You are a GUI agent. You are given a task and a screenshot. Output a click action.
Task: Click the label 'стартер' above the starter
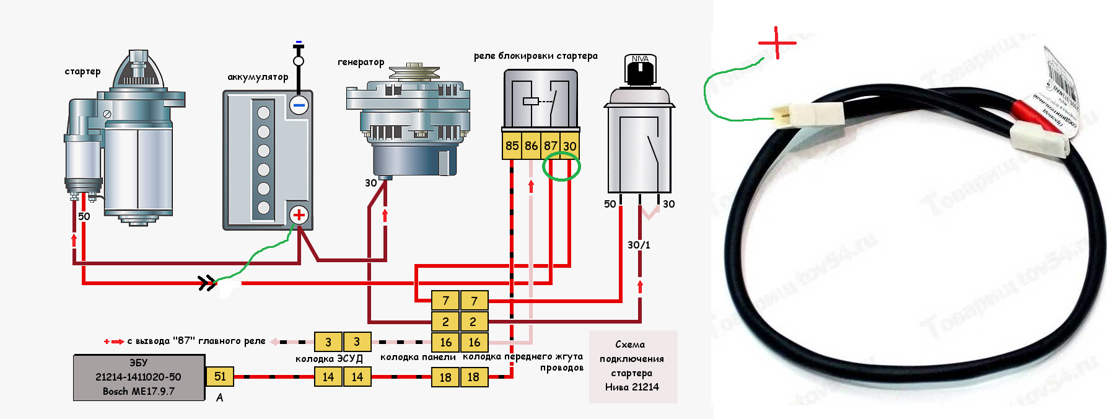coord(82,71)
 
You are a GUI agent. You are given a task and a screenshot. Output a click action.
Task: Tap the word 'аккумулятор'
coord(258,77)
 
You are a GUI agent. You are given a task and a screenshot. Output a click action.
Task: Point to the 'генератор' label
coord(361,62)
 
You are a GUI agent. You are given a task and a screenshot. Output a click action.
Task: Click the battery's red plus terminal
coord(299,215)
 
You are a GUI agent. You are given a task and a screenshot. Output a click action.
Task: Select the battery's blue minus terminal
coord(299,105)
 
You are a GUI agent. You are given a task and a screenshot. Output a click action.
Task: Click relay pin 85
coord(512,146)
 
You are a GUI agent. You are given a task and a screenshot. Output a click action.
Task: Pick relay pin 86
coord(531,146)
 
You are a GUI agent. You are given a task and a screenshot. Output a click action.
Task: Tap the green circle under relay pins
coord(561,166)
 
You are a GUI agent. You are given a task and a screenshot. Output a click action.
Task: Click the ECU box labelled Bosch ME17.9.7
coord(139,377)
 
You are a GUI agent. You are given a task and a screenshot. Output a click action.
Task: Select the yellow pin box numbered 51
coord(220,376)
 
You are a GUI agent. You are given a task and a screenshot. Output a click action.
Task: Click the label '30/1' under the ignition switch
coord(639,245)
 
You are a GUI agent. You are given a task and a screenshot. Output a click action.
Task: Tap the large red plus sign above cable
coord(777,43)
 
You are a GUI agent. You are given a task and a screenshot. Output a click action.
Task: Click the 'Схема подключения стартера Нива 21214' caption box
coord(632,366)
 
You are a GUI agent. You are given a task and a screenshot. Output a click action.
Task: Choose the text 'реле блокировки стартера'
coord(536,56)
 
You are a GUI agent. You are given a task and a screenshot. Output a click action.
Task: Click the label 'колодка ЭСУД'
coord(329,359)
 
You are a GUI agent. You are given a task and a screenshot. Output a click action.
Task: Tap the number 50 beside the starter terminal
coord(84,216)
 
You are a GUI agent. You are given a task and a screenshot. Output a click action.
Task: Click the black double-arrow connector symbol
coord(207,283)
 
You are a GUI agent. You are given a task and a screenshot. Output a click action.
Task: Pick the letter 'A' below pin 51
coord(219,398)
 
